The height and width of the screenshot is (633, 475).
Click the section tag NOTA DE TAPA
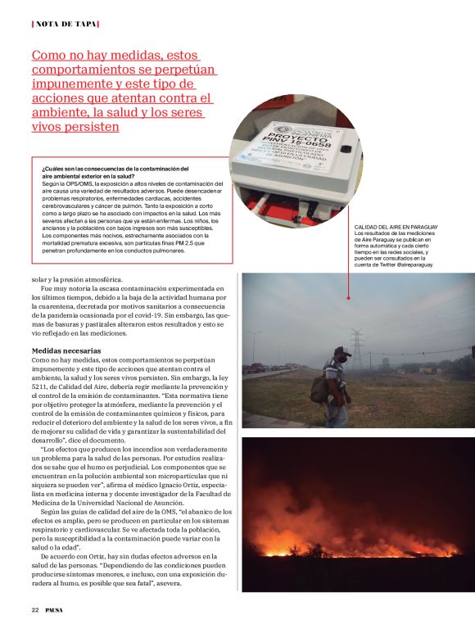click(x=65, y=24)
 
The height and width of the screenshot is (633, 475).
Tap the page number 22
click(x=35, y=610)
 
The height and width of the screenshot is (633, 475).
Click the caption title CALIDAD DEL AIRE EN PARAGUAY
click(x=396, y=226)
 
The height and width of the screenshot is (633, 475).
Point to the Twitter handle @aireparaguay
click(x=408, y=265)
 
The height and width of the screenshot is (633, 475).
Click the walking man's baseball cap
click(x=342, y=350)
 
